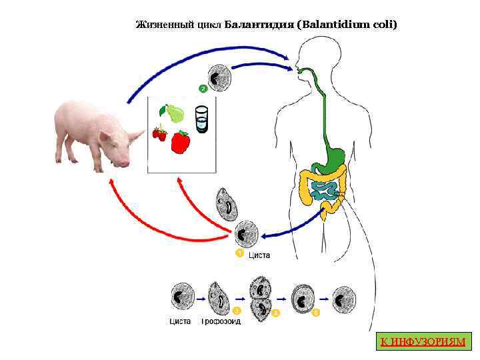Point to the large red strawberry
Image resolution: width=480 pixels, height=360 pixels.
tap(181, 141)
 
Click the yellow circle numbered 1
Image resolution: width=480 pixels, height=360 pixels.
tap(238, 253)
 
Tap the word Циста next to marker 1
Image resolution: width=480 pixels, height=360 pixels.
tap(259, 255)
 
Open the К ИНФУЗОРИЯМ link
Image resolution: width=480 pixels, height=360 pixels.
tap(422, 342)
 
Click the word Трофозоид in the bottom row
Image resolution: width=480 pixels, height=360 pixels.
tap(221, 321)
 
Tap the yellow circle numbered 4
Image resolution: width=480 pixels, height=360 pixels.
tap(276, 313)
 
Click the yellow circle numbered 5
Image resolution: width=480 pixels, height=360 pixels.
tap(316, 312)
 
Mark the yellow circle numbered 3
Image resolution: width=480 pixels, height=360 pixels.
tap(236, 311)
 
